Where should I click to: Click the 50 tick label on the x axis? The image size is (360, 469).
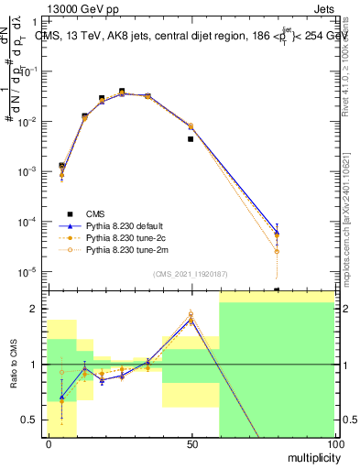point(191,443)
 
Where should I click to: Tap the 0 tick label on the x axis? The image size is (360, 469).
point(48,443)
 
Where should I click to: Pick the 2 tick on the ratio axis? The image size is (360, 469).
point(38,309)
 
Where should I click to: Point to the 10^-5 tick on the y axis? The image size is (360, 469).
point(31,271)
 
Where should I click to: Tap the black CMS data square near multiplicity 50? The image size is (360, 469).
point(191,139)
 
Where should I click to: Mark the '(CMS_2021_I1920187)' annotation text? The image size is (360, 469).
point(191,274)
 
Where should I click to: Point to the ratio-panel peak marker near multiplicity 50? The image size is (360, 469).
point(191,317)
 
